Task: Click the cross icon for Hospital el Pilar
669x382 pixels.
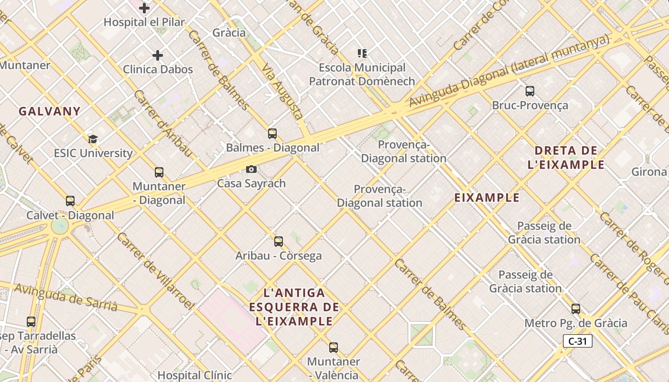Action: click(x=144, y=8)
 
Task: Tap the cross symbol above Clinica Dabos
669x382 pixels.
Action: click(x=158, y=55)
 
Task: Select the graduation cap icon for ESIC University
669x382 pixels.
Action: click(x=93, y=139)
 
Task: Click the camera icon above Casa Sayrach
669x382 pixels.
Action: click(x=251, y=169)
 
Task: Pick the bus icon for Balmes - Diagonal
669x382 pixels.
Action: click(x=272, y=134)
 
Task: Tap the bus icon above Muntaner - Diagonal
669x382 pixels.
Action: click(x=159, y=172)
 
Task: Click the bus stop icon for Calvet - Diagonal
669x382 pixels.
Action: click(x=70, y=201)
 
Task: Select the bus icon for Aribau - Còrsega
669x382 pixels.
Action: click(x=279, y=242)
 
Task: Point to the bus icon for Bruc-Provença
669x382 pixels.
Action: click(x=530, y=91)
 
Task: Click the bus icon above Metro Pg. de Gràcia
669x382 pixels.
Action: click(x=576, y=309)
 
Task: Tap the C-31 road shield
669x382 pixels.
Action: click(x=578, y=341)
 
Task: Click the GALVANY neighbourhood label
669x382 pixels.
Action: click(x=50, y=111)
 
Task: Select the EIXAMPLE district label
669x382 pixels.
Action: click(x=486, y=198)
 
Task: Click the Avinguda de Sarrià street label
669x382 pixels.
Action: click(x=65, y=297)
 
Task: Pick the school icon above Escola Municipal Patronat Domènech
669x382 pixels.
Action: click(x=362, y=53)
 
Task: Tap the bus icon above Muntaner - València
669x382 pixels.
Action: click(x=334, y=348)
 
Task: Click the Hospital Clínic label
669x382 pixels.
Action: click(x=195, y=375)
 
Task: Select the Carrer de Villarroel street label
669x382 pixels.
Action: click(x=156, y=270)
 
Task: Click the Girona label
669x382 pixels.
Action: click(x=649, y=171)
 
